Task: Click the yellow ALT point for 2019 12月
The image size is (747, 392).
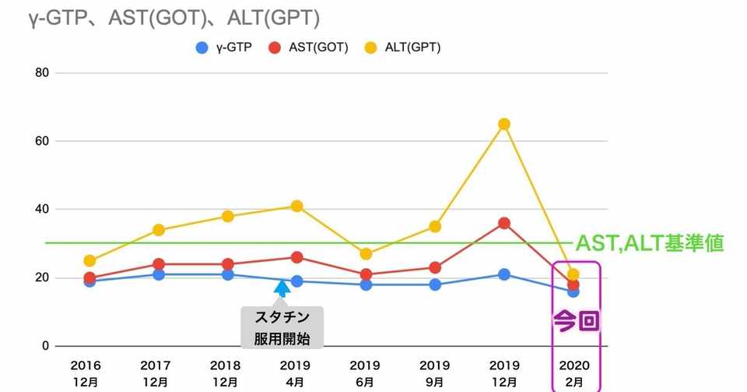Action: tap(504, 124)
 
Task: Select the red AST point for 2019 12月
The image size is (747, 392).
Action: tap(504, 223)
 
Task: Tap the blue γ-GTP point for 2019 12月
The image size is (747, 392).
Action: tap(504, 274)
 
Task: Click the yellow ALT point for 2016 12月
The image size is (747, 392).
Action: tap(89, 261)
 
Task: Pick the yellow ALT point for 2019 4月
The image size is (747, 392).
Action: tap(296, 207)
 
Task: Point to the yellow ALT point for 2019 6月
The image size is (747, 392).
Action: tap(366, 254)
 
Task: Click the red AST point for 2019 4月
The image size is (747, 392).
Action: tap(296, 257)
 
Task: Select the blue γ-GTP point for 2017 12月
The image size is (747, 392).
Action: tap(159, 274)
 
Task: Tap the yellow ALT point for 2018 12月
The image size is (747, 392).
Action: tap(227, 217)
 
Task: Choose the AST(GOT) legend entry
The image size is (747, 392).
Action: tap(308, 48)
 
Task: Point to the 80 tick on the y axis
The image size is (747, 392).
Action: tap(40, 73)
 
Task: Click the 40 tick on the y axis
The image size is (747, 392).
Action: tap(40, 210)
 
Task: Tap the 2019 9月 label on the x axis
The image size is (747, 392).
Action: tap(435, 373)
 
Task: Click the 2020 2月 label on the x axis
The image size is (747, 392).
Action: tap(573, 373)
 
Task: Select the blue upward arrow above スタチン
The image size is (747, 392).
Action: tap(282, 288)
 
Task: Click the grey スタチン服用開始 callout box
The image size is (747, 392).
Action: tap(282, 327)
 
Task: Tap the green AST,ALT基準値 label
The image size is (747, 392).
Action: tap(650, 243)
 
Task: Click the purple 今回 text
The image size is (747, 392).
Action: tap(576, 320)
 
